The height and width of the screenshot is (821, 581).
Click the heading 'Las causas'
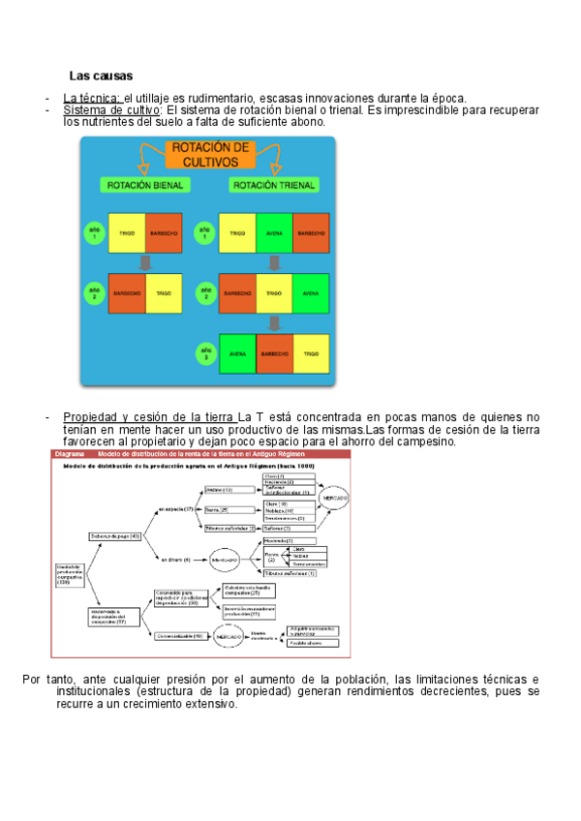[x=101, y=76]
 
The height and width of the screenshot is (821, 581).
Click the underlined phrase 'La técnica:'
[x=92, y=98]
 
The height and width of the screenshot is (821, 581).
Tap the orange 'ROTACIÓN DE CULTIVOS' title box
[x=209, y=155]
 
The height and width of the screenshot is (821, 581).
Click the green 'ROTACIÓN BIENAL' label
[x=140, y=185]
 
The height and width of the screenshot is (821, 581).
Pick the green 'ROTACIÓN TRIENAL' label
[x=270, y=185]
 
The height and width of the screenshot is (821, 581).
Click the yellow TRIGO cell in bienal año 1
[x=127, y=234]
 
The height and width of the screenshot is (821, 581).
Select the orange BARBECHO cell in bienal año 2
[x=127, y=293]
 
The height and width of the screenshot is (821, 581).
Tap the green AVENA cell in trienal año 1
[x=274, y=234]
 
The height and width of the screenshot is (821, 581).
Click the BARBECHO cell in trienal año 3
[x=274, y=354]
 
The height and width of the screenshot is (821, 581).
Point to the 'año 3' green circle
[x=203, y=352]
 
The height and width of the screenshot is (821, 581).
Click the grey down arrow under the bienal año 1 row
[x=145, y=263]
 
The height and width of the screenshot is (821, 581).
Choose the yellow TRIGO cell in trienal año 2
[x=274, y=293]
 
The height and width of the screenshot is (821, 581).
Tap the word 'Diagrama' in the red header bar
[x=71, y=453]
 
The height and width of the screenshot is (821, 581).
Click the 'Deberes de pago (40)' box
[x=115, y=535]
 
